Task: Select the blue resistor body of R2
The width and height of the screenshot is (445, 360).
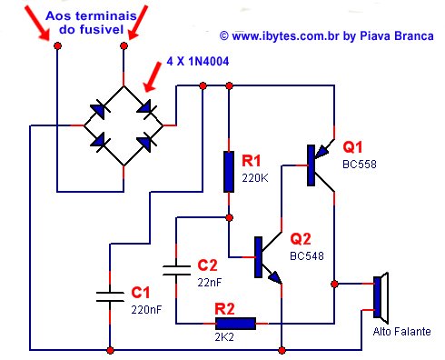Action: point(234,322)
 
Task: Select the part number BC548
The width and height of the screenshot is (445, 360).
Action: point(307,256)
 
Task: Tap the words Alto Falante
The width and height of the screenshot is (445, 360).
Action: point(402,330)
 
